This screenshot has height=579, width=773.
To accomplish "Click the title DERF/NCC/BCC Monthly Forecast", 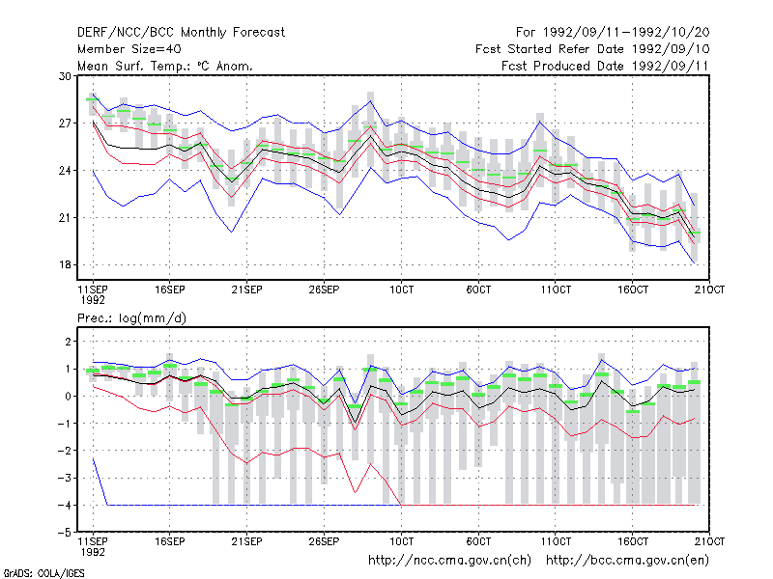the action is (x=181, y=33).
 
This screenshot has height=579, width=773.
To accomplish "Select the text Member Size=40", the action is (x=129, y=49).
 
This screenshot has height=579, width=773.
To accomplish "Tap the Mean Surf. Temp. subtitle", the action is (x=165, y=66).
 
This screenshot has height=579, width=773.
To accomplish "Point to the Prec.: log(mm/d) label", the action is (x=131, y=318).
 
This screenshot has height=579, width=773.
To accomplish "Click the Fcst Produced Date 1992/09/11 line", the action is (x=605, y=66).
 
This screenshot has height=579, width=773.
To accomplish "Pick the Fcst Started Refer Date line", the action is (x=592, y=49).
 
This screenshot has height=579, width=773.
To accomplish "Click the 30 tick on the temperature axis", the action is (x=65, y=76).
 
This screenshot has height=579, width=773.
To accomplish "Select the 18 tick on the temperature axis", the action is (x=65, y=264).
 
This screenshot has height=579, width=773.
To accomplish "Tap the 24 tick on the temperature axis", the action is (x=65, y=171).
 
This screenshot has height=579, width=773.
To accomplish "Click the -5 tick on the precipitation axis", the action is (x=65, y=533).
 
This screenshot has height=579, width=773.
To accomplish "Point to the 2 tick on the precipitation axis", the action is (x=68, y=342).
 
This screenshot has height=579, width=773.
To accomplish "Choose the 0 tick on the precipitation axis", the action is (x=68, y=396).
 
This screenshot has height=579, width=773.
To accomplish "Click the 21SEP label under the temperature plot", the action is (x=247, y=289).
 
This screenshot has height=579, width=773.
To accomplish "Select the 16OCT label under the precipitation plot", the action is (x=633, y=541).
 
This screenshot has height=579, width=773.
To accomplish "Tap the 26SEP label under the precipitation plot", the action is (x=324, y=541).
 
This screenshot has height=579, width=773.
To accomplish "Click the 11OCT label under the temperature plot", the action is (x=556, y=289).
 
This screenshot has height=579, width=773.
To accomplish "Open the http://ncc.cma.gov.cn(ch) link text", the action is (x=449, y=561).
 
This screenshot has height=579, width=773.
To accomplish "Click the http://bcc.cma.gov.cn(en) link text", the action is (x=627, y=561).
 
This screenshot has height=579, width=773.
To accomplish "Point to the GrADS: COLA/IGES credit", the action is (x=43, y=573).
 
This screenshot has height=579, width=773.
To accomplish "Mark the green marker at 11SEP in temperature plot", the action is (x=93, y=99).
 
